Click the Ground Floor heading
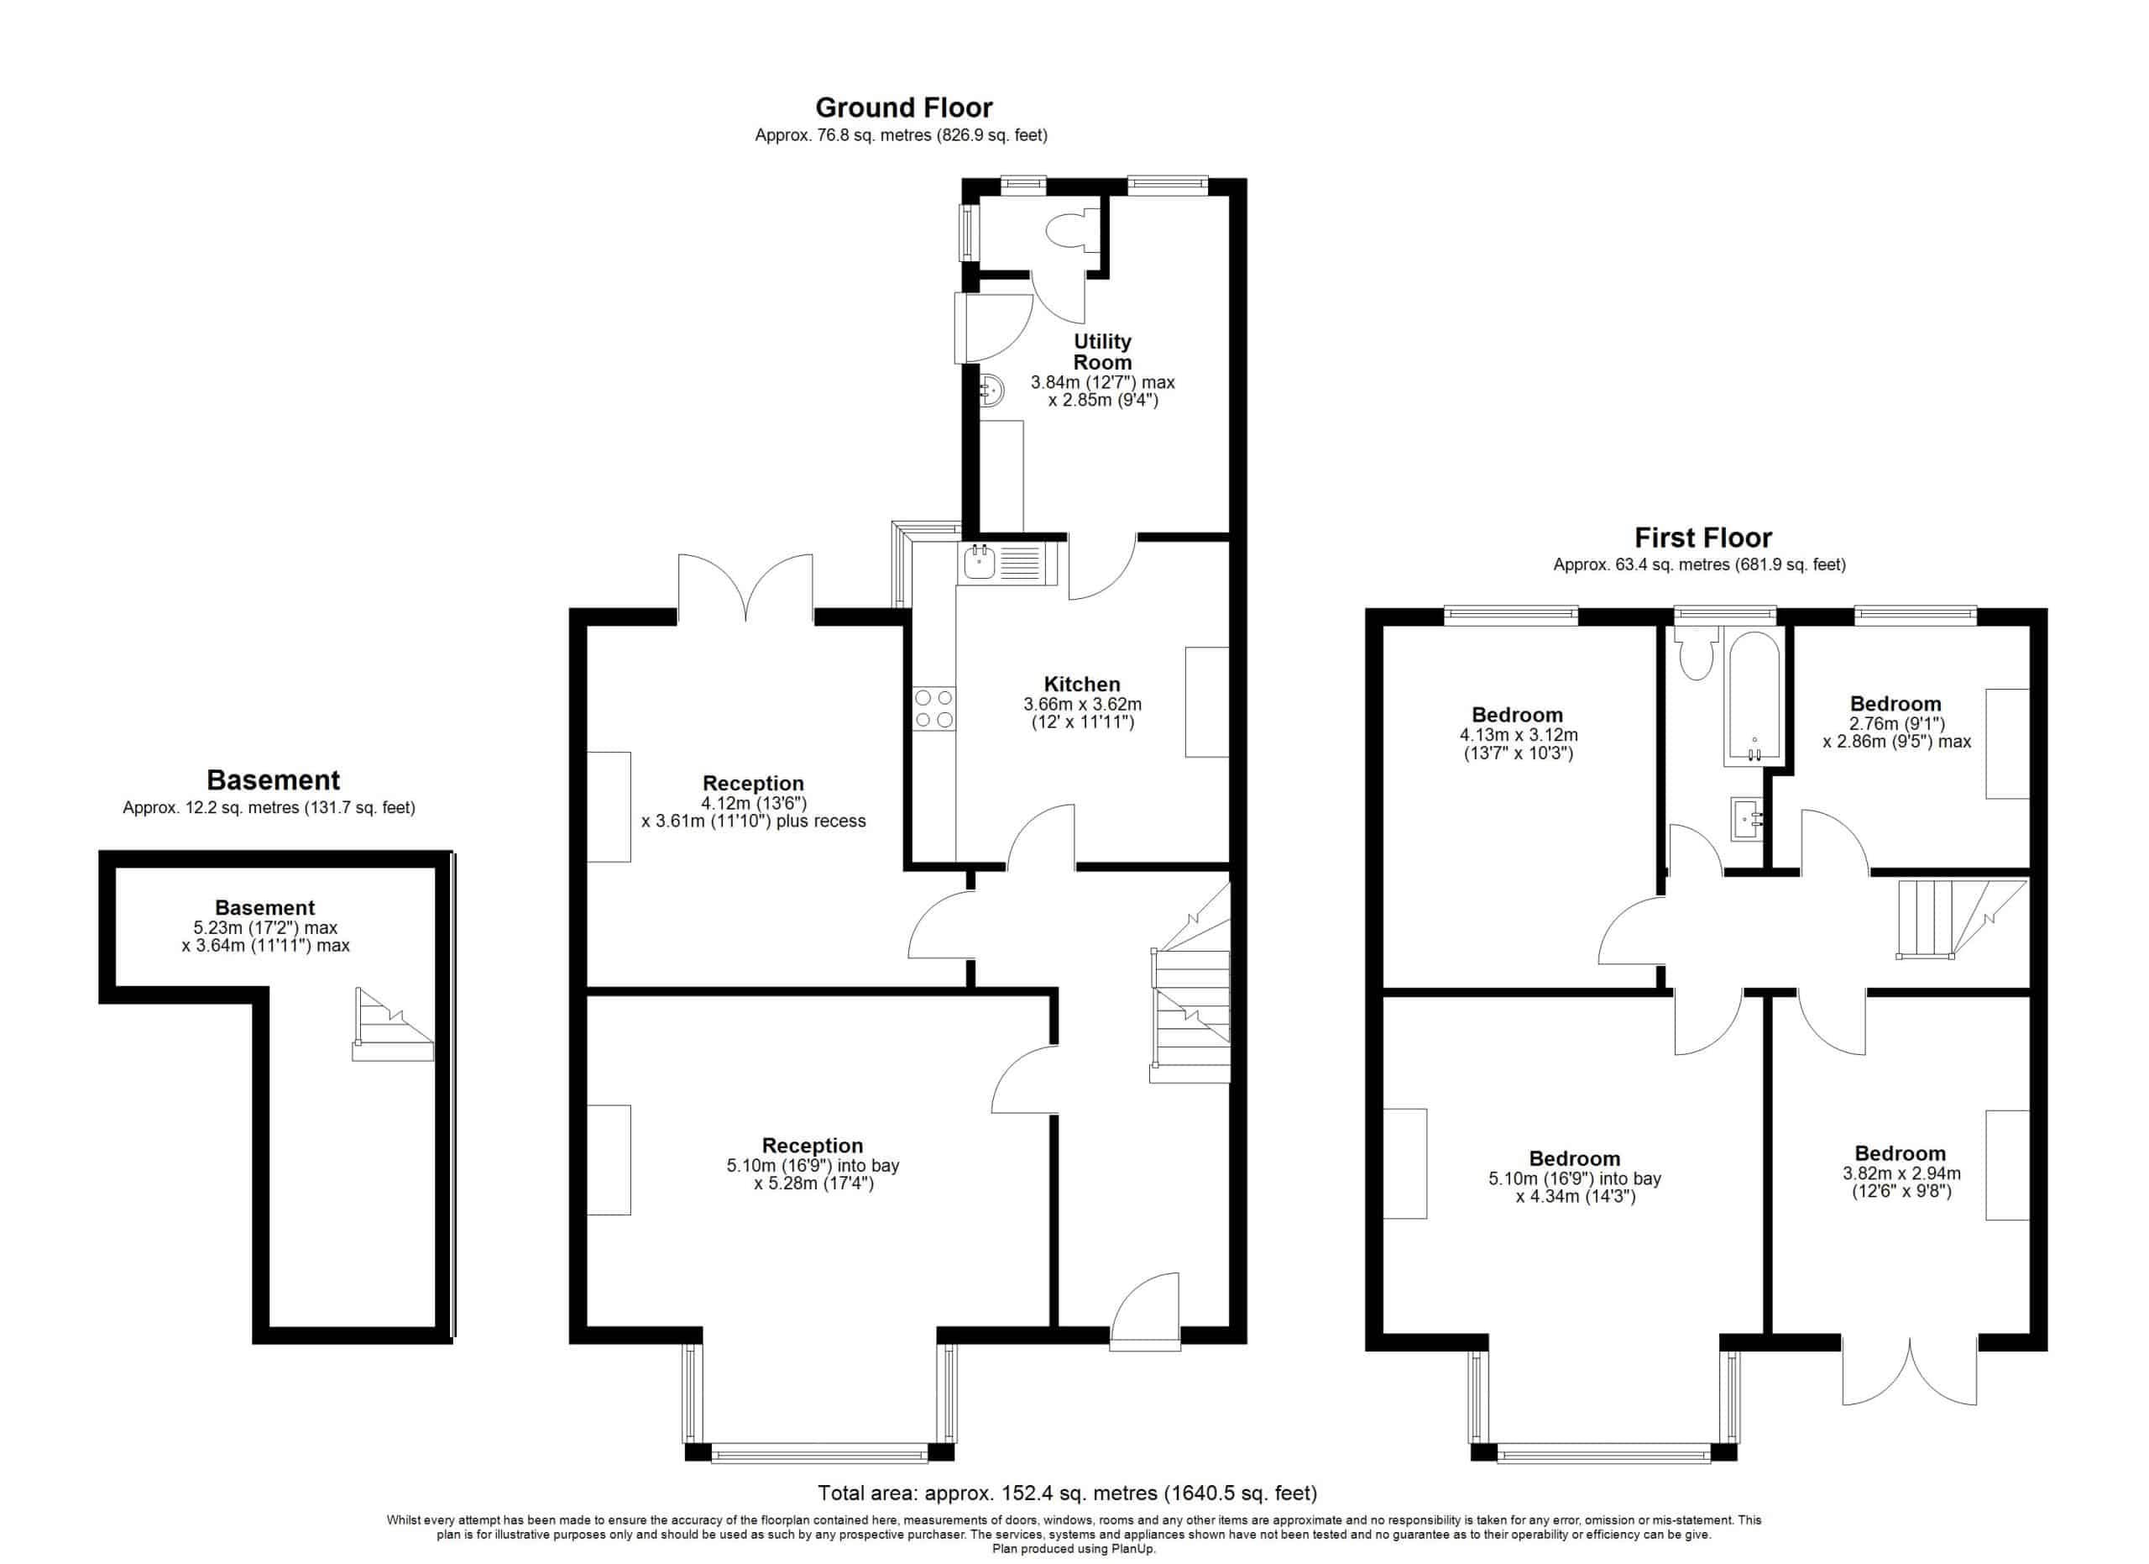click(903, 108)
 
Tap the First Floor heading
click(1702, 538)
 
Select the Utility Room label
click(1102, 352)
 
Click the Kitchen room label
click(1082, 685)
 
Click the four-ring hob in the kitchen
click(934, 710)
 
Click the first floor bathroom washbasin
click(1747, 819)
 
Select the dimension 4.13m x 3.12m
click(1518, 736)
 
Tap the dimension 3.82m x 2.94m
click(1901, 1173)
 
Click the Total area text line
click(1067, 1493)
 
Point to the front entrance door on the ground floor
click(1146, 1311)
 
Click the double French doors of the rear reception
click(745, 588)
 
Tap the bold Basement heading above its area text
click(273, 780)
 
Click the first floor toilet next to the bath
click(1695, 654)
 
